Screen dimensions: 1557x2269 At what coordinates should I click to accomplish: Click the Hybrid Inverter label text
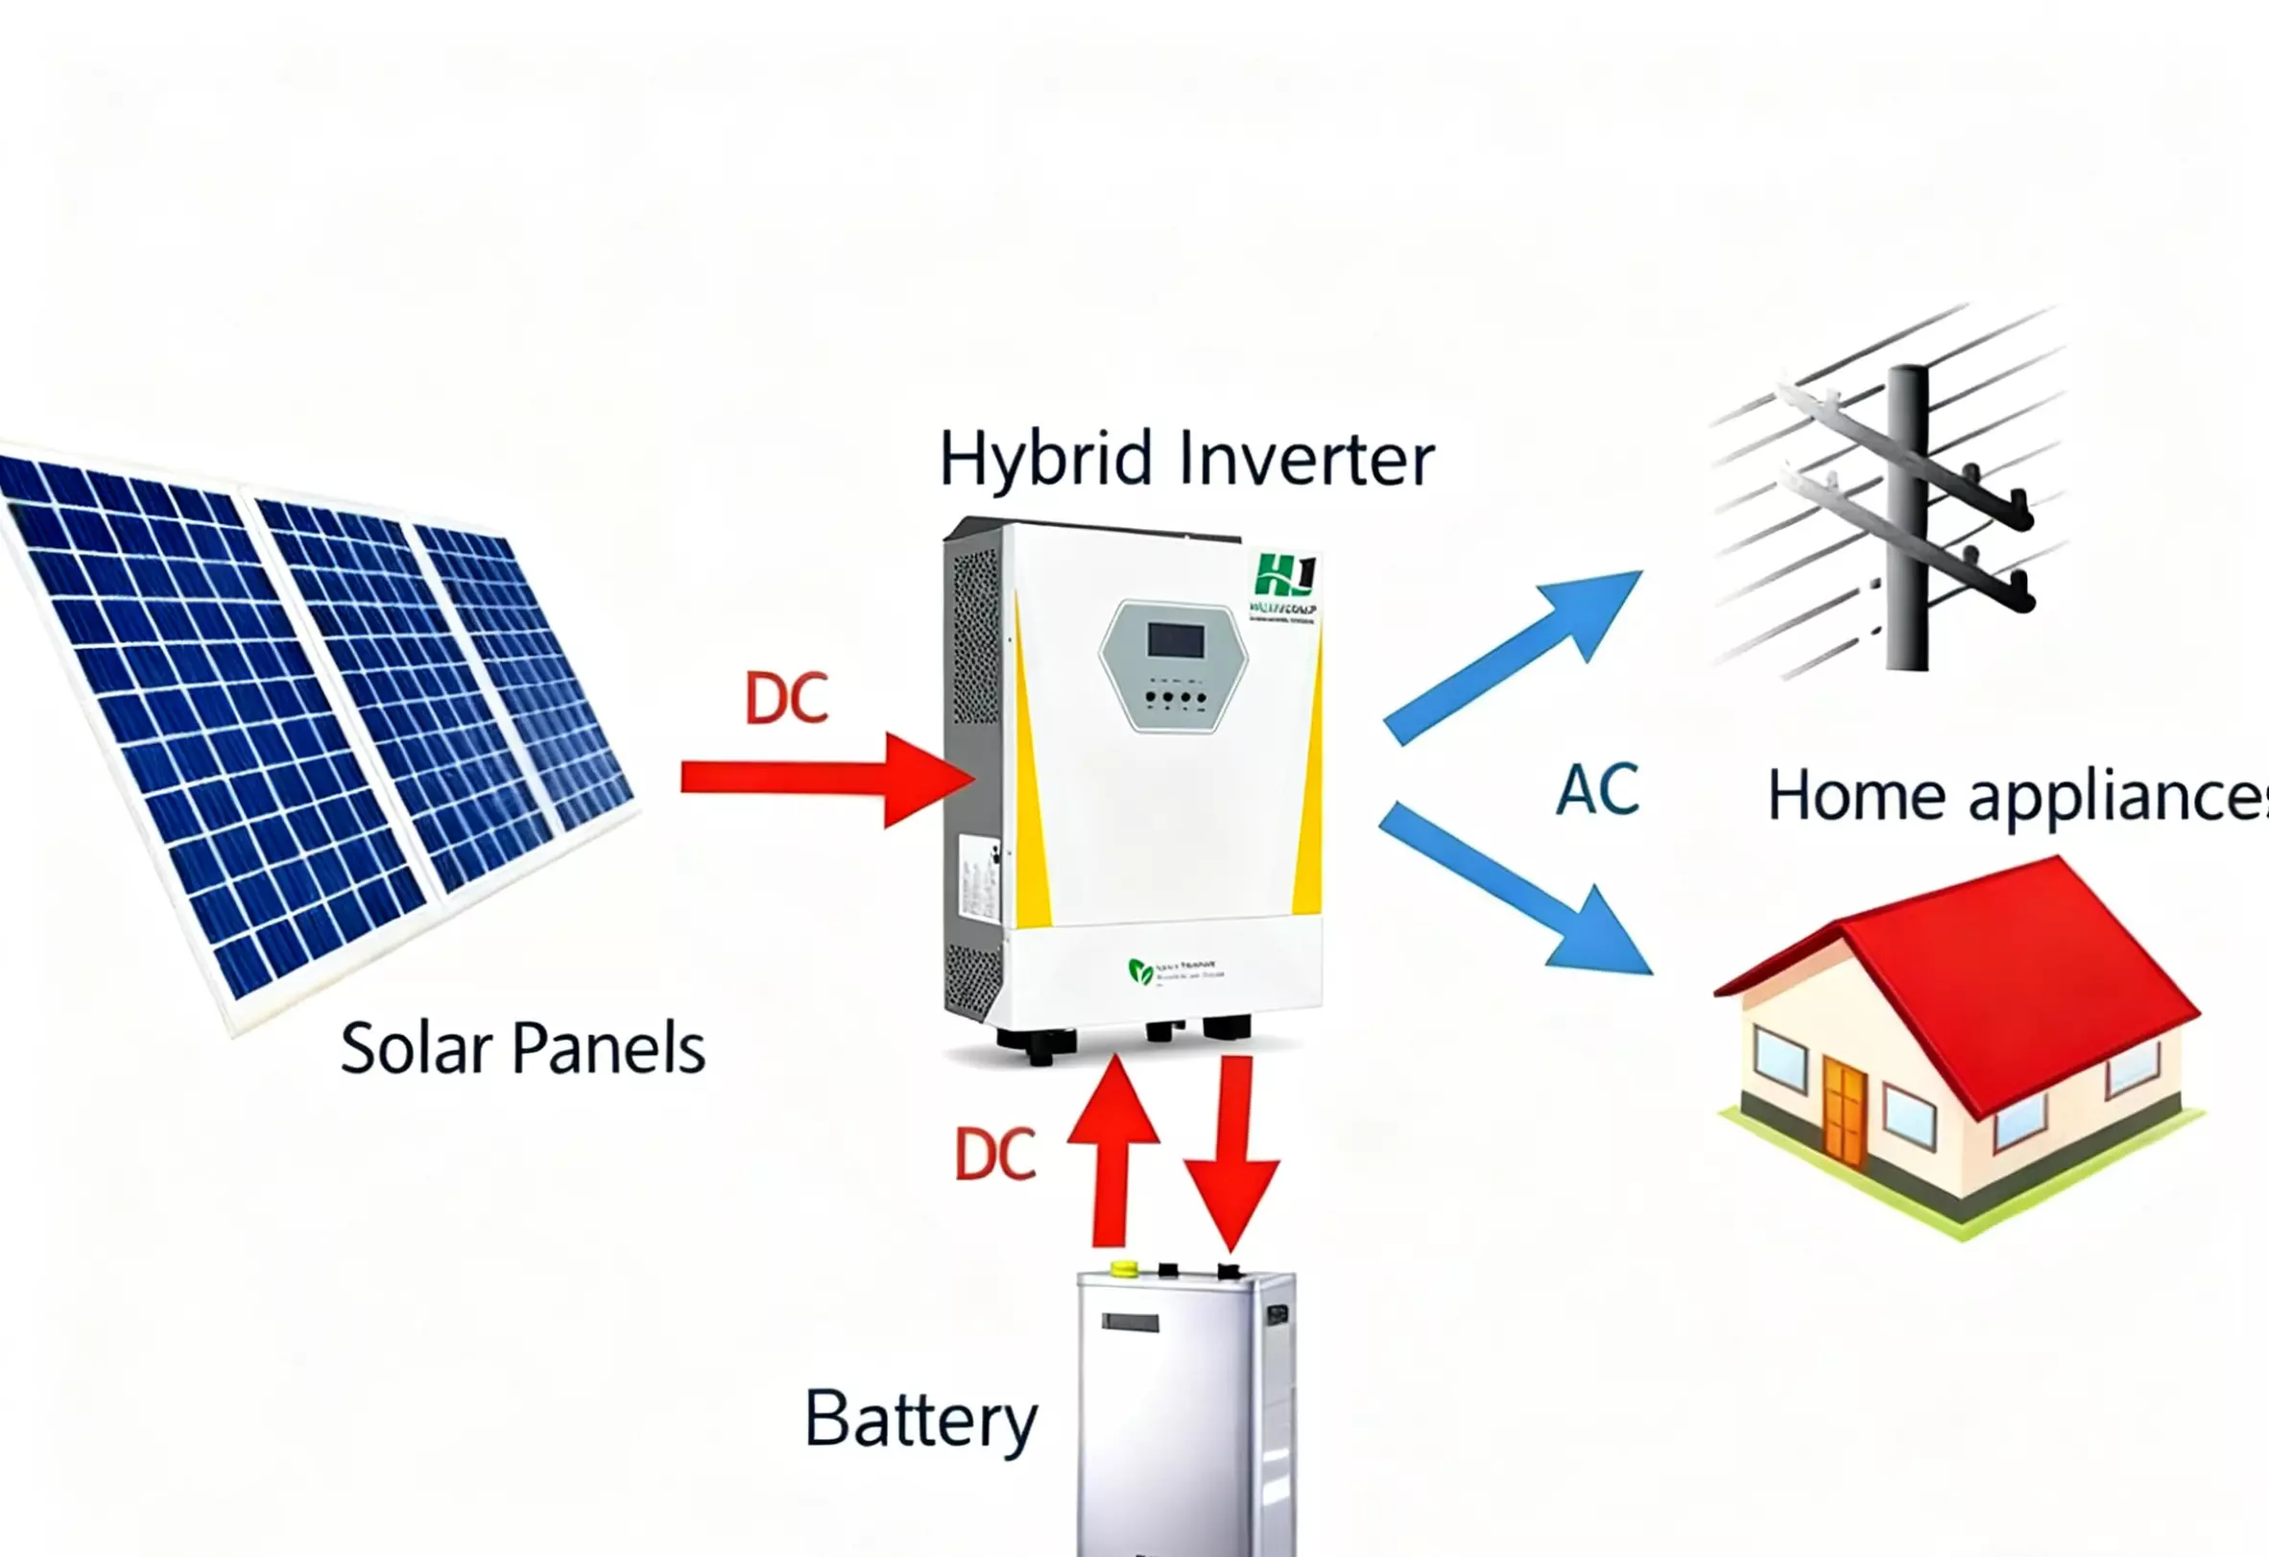pos(1185,459)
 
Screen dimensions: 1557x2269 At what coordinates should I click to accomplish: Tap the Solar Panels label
pos(522,1048)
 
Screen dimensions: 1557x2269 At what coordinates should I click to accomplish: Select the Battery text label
pos(920,1420)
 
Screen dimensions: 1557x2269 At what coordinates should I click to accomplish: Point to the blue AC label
pos(1597,789)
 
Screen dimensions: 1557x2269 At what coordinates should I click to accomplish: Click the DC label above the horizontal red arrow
pos(786,698)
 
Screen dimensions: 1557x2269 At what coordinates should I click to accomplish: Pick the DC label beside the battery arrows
pos(994,1155)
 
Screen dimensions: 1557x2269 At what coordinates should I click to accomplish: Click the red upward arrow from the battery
pos(1112,1152)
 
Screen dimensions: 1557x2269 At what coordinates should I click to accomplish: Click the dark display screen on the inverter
pos(1176,640)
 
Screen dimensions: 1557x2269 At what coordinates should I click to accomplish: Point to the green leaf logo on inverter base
pos(1139,970)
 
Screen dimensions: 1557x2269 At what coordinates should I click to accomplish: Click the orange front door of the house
pos(1843,1113)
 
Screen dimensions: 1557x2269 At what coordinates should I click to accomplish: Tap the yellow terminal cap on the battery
pos(1125,1268)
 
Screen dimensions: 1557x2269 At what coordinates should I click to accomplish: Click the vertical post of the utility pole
pos(1907,517)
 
